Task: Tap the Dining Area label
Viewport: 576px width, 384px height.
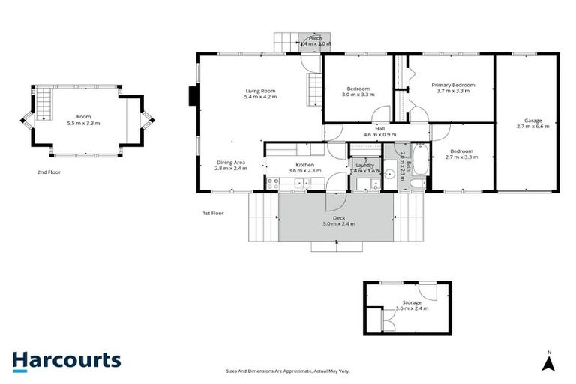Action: point(231,165)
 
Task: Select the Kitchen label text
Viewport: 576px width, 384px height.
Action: point(304,167)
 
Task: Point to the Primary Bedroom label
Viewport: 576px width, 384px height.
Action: point(451,88)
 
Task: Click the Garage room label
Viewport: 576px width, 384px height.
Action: point(533,124)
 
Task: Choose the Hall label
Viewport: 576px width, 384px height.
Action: point(379,131)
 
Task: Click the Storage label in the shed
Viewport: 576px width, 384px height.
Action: point(407,305)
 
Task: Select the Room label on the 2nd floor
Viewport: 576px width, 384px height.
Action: point(83,119)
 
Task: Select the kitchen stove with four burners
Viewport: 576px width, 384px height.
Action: point(271,181)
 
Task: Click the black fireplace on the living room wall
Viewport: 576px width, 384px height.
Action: point(193,96)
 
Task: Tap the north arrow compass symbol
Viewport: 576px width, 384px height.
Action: point(548,363)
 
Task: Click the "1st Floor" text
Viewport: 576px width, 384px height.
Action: point(213,214)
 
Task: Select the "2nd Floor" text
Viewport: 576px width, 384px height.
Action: point(48,172)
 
